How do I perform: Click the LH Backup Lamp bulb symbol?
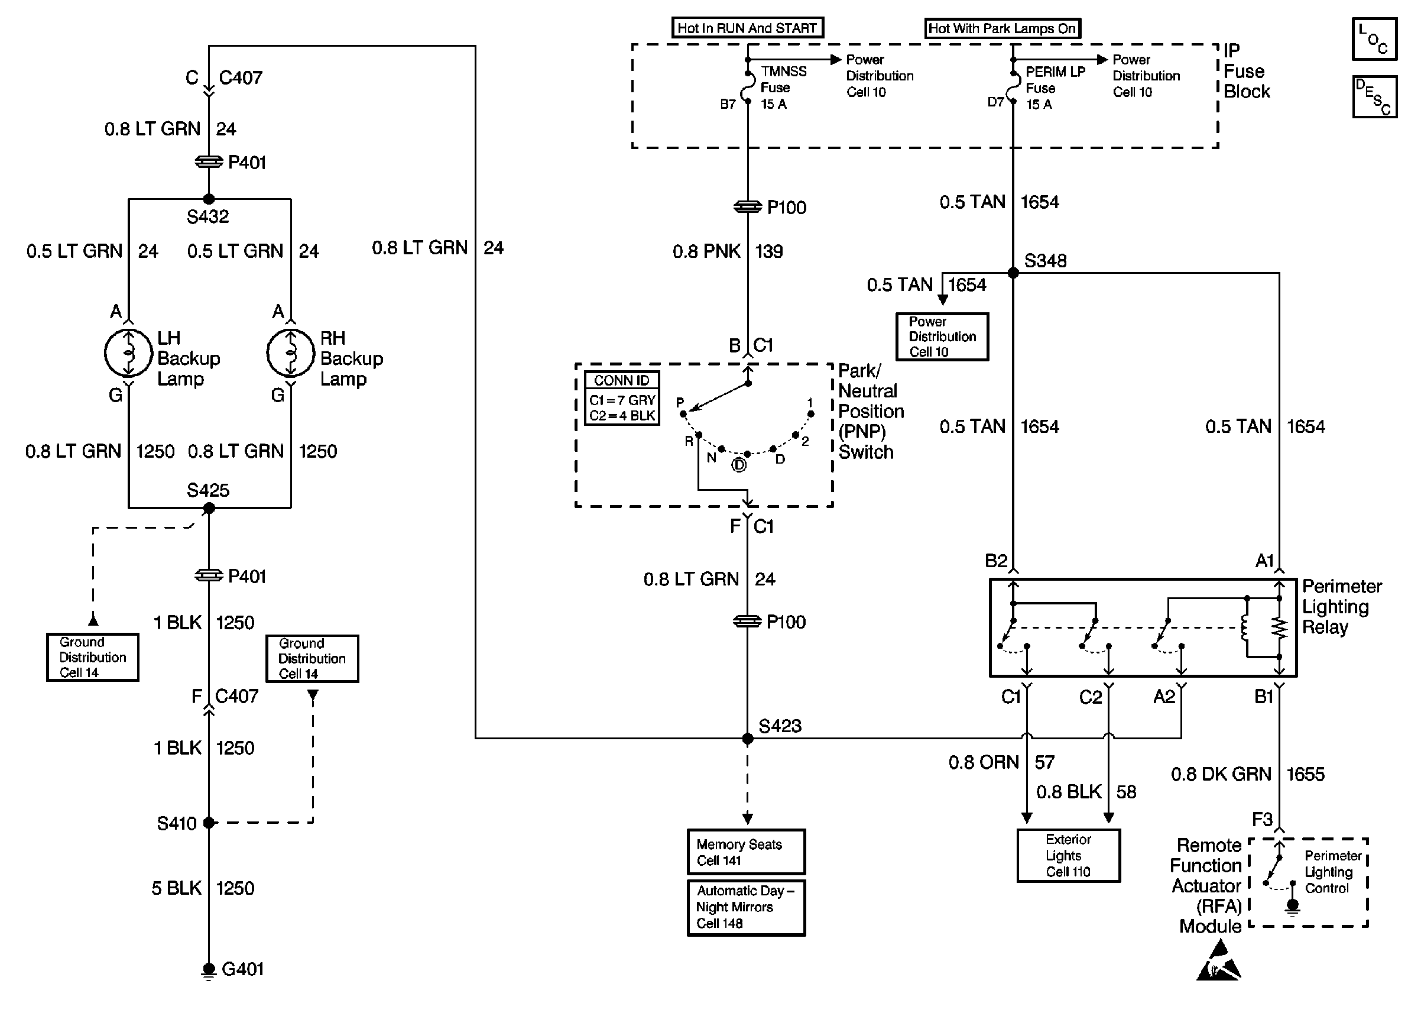[128, 353]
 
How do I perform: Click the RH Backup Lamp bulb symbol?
[291, 353]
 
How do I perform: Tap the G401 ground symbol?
[209, 970]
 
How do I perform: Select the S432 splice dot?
[209, 199]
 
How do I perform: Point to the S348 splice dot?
[1013, 273]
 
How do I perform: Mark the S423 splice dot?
[747, 739]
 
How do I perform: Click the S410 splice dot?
[209, 823]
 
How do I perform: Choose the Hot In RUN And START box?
[747, 28]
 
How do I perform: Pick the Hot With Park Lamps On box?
[1002, 28]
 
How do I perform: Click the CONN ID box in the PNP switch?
[622, 399]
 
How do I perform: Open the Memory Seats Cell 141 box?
[746, 852]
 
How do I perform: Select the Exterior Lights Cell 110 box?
[1068, 855]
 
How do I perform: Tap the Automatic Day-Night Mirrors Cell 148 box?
[746, 907]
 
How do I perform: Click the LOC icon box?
[1374, 39]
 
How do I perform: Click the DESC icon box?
[1374, 97]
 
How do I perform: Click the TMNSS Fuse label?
[783, 88]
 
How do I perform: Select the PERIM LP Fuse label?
[1055, 88]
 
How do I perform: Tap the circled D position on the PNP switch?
[739, 465]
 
